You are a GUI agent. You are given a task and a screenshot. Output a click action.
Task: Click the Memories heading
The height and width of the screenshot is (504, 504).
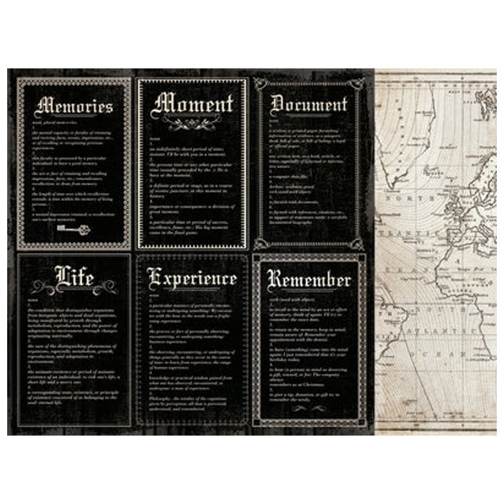click(74, 107)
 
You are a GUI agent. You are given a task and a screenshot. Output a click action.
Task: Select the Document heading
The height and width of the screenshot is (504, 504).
click(309, 105)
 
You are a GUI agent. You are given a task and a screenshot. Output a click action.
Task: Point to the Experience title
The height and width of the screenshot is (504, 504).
click(192, 278)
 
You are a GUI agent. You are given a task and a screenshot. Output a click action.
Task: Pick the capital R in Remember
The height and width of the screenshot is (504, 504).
click(274, 279)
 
